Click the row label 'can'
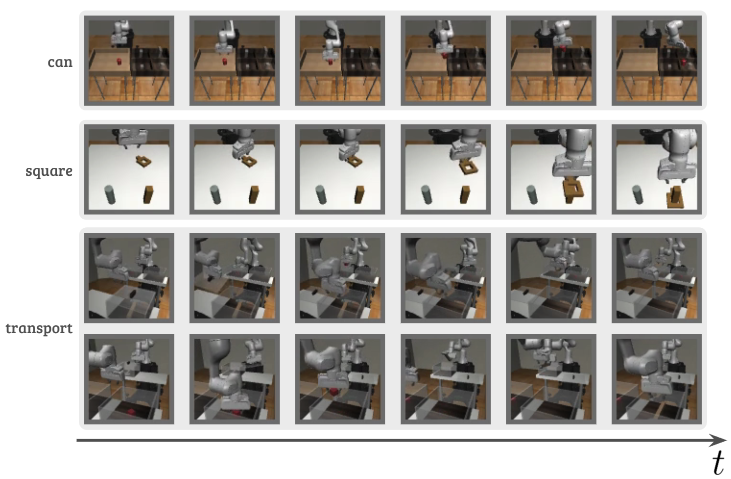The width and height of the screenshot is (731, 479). pyautogui.click(x=60, y=62)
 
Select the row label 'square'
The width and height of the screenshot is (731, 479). pyautogui.click(x=49, y=171)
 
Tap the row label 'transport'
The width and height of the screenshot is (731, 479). pyautogui.click(x=39, y=328)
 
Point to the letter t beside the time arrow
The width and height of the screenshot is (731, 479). pyautogui.click(x=719, y=464)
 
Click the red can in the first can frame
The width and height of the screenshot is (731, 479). pyautogui.click(x=119, y=61)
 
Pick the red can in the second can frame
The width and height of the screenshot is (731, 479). pyautogui.click(x=225, y=61)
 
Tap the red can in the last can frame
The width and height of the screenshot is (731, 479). pyautogui.click(x=682, y=62)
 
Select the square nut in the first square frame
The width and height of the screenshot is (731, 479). pyautogui.click(x=143, y=161)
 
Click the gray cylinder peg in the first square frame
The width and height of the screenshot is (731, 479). pyautogui.click(x=110, y=195)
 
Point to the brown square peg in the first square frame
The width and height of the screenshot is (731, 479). pyautogui.click(x=148, y=194)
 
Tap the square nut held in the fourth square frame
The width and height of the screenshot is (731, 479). pyautogui.click(x=469, y=168)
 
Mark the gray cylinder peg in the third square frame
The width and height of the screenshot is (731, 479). pyautogui.click(x=321, y=195)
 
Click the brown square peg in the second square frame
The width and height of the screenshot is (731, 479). pyautogui.click(x=253, y=194)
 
